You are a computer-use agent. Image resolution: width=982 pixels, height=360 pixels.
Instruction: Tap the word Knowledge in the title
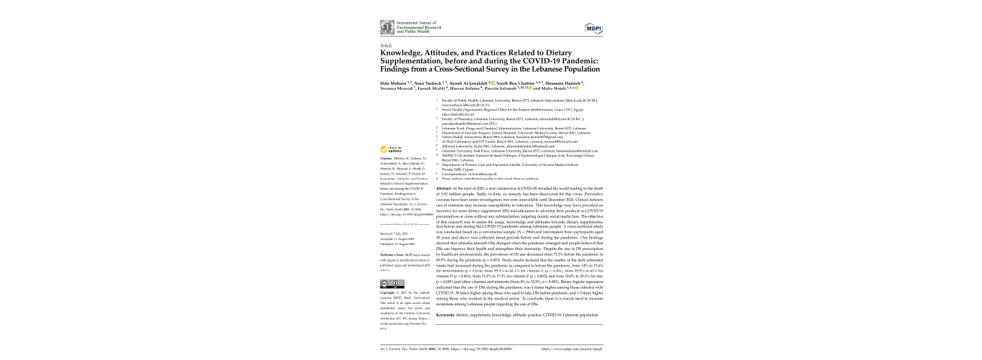point(399,53)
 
